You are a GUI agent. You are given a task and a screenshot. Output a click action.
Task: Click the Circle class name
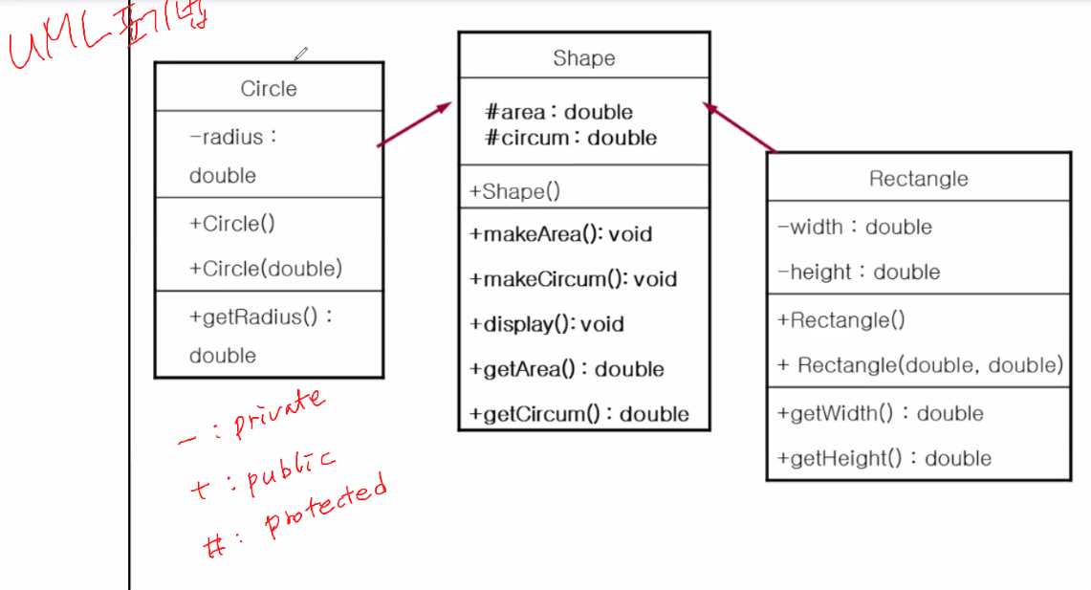(269, 89)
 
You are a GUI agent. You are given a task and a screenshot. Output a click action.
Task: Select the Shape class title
(583, 58)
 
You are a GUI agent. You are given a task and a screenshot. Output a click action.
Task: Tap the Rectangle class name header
(918, 179)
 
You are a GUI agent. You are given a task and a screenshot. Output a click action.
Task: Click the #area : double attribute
(559, 113)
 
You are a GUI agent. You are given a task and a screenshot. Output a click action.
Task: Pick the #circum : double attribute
(571, 138)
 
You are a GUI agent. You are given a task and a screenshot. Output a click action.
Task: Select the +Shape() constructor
(514, 191)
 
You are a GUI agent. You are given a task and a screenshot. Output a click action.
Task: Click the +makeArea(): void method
(560, 234)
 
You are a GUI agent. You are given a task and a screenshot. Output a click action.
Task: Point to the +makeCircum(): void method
(573, 279)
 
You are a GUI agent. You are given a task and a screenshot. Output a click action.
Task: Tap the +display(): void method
(547, 324)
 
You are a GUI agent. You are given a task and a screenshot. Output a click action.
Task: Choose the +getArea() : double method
(567, 369)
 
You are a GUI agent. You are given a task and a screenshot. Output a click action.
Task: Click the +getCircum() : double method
(579, 414)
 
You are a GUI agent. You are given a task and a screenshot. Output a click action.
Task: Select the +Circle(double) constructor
(266, 269)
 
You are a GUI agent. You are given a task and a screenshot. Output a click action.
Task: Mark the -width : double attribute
(855, 228)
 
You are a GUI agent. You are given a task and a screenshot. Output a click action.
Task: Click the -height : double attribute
(859, 273)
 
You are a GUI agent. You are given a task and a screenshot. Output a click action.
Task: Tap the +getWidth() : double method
(881, 414)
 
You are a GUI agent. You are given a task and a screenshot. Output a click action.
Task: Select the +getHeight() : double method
(884, 459)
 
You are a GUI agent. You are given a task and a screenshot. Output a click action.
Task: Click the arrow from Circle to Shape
(415, 124)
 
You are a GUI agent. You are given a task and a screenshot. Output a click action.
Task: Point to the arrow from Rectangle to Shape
(740, 127)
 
